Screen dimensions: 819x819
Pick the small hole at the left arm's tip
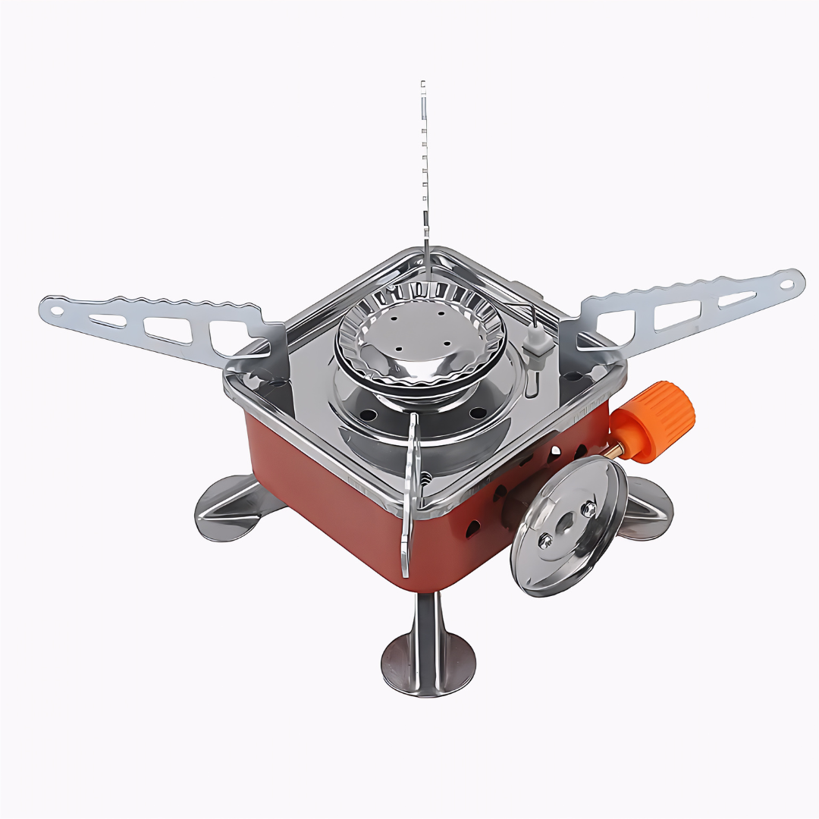coord(55,308)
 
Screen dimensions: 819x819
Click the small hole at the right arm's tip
coord(789,286)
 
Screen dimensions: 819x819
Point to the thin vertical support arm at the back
coord(424,174)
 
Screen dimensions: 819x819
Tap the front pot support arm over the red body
coord(409,493)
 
